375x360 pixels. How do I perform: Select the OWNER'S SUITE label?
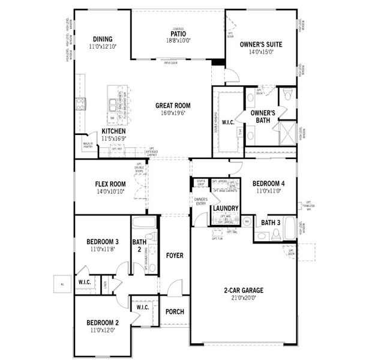tap(261, 44)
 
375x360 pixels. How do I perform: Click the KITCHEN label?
tap(113, 131)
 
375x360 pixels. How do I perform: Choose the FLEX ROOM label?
tap(110, 184)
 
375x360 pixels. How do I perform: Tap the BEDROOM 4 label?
tap(268, 184)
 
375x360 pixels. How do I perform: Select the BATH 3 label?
tap(271, 223)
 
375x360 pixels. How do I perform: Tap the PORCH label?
tap(175, 311)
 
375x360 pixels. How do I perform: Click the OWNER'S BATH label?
tap(263, 116)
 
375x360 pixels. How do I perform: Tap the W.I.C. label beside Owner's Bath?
tap(227, 122)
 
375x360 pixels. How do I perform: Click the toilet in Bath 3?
tap(276, 234)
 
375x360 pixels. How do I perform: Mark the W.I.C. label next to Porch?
tap(143, 307)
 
